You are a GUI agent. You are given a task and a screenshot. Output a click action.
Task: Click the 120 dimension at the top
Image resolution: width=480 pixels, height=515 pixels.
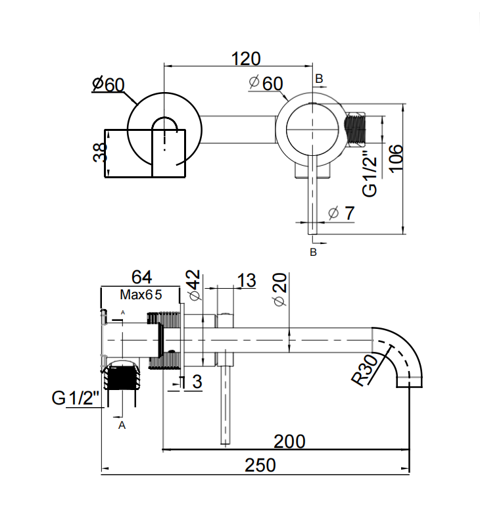(x=245, y=59)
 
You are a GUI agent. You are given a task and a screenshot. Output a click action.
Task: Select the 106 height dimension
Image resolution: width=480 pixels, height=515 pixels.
(x=396, y=158)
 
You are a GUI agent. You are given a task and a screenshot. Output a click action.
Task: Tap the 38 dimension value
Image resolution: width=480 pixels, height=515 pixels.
(x=100, y=152)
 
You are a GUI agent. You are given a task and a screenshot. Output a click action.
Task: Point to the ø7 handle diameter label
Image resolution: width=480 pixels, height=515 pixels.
(x=341, y=213)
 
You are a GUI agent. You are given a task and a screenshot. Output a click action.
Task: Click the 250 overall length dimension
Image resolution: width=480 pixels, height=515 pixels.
(x=260, y=465)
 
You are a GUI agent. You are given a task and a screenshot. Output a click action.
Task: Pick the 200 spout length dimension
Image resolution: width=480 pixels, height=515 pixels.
(x=289, y=441)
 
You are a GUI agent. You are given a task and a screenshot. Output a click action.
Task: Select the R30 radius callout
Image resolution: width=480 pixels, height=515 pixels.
(x=365, y=370)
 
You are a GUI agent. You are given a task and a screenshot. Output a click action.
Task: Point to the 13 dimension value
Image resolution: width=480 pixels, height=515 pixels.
(x=246, y=280)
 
